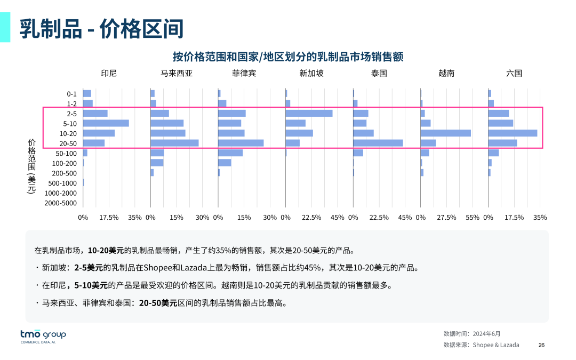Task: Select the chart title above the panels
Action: tap(287, 57)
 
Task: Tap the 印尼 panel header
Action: tap(109, 73)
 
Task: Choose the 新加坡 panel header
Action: tap(311, 73)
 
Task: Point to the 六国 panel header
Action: tap(514, 73)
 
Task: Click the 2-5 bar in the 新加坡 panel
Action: tap(309, 113)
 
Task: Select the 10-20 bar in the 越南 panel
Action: tap(445, 133)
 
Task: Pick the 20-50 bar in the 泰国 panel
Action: tap(378, 143)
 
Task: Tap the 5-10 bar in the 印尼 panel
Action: tap(106, 123)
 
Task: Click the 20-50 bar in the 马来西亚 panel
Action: tap(174, 143)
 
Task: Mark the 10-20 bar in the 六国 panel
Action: tap(513, 133)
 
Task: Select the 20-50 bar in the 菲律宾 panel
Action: tap(241, 143)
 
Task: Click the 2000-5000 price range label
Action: tap(60, 203)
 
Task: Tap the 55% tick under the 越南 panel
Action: tap(473, 218)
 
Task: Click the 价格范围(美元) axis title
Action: tap(31, 166)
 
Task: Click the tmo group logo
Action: tap(43, 335)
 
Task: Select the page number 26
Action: tap(541, 345)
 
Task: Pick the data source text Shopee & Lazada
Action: tap(495, 345)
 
